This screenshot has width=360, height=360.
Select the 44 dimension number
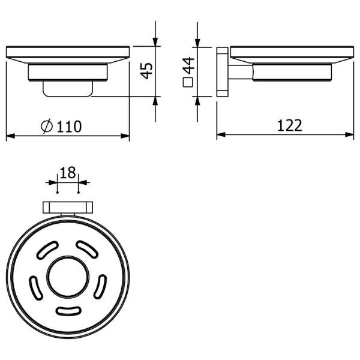click(x=187, y=65)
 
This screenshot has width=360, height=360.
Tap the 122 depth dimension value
click(x=290, y=125)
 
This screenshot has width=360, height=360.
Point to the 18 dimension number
click(x=68, y=173)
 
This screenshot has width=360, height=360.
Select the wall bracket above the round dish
click(x=67, y=208)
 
